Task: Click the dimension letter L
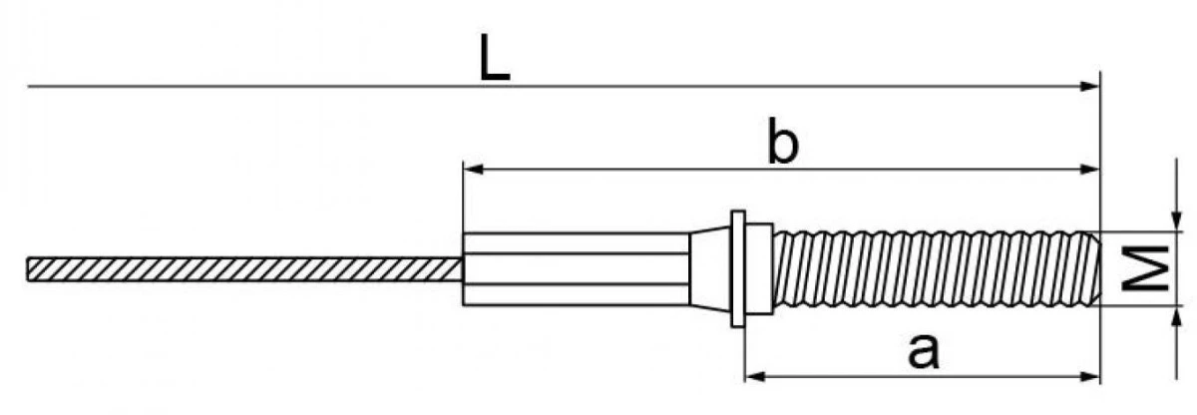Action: click(x=494, y=58)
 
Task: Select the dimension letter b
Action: click(x=782, y=141)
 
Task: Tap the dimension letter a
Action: click(x=923, y=351)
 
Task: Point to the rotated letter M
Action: click(x=1145, y=268)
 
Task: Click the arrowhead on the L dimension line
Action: click(x=1090, y=86)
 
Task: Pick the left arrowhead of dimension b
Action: click(x=473, y=170)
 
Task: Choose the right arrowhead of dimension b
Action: click(x=1090, y=170)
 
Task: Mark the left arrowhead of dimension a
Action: click(x=755, y=376)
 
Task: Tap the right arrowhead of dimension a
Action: click(x=1090, y=376)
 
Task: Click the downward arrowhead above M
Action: click(x=1176, y=221)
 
